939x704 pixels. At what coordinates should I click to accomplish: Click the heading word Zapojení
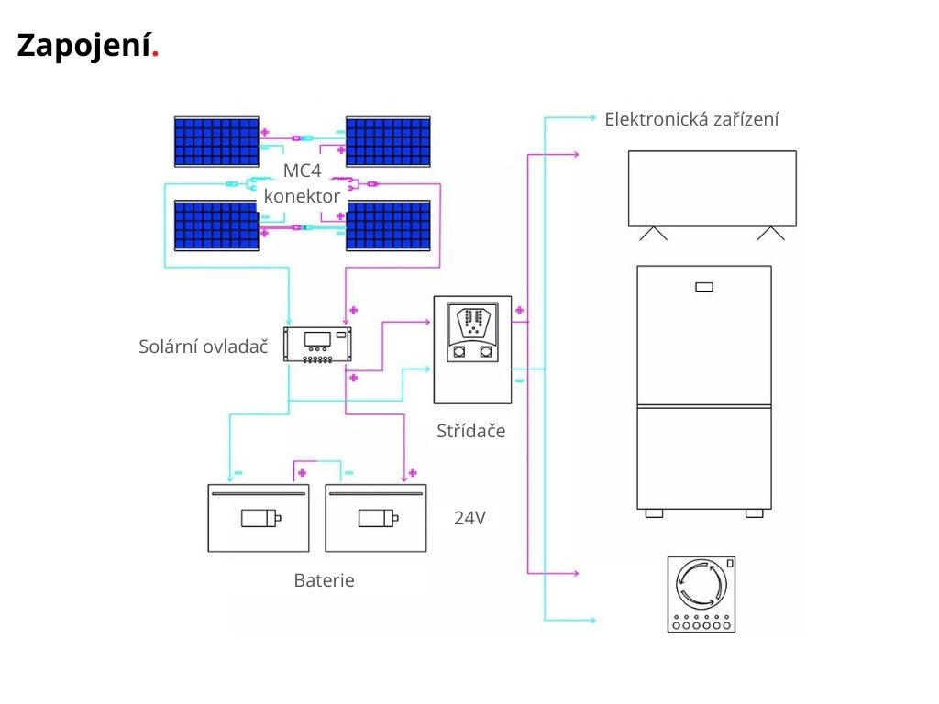(87, 46)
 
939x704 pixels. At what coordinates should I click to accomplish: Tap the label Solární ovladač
(203, 346)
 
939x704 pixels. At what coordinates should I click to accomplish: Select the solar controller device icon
(317, 345)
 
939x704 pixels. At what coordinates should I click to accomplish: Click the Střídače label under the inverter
(470, 431)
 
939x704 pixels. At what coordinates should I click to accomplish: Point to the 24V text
(469, 518)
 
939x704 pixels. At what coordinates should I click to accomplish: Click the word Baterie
(324, 580)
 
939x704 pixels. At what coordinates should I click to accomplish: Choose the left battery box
(259, 518)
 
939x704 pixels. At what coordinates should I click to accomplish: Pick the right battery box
(376, 518)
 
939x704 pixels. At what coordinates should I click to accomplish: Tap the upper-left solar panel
(216, 142)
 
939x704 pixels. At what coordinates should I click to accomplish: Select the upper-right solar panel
(388, 142)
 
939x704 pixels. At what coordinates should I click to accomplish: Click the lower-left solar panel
(216, 225)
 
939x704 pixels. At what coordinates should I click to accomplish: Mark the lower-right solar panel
(388, 225)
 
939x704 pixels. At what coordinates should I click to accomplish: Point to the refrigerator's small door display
(704, 287)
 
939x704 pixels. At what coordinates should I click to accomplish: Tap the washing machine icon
(701, 594)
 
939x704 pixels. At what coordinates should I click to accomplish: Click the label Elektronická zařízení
(691, 119)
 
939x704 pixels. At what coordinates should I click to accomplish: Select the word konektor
(302, 196)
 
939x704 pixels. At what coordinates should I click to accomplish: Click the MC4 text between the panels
(302, 170)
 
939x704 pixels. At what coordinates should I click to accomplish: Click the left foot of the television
(653, 234)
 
